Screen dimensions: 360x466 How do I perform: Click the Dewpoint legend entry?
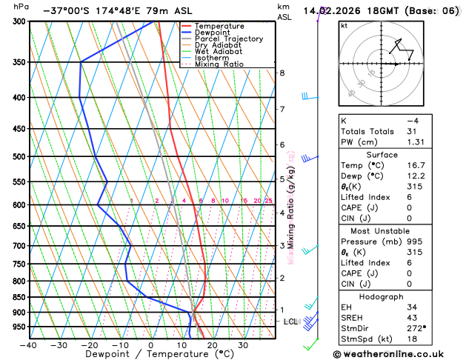(214, 33)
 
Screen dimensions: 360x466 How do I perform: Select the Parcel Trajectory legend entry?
(229, 39)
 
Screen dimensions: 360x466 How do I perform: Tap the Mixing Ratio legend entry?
(219, 64)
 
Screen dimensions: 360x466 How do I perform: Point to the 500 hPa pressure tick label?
(19, 157)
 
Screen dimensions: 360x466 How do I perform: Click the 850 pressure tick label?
(19, 298)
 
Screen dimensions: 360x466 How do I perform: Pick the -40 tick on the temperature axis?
(29, 345)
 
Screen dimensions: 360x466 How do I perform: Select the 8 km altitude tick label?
(282, 73)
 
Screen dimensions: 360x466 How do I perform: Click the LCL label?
(290, 321)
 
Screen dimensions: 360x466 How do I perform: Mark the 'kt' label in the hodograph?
(344, 26)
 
